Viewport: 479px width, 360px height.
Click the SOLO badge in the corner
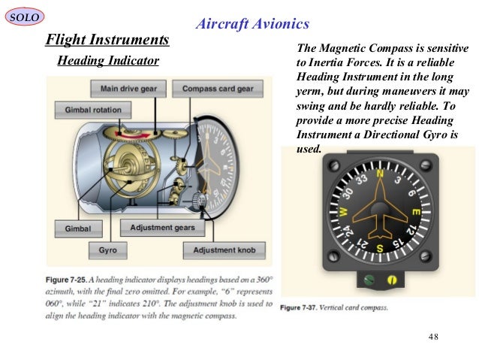coord(25,16)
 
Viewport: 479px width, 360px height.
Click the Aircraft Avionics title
coord(252,24)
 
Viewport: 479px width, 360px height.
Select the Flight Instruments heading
coord(107,38)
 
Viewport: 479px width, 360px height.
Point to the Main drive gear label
coord(128,89)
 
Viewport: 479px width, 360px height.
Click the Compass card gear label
coord(217,89)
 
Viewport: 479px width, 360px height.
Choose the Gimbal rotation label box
coord(87,110)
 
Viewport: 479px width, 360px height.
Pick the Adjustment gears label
coord(162,228)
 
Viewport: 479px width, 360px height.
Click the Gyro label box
coord(107,249)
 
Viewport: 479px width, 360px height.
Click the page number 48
coord(432,335)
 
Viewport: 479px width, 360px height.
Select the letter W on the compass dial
coord(342,213)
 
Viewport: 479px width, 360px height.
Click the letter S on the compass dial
coord(379,248)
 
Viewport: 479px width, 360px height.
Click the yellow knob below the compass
coord(392,280)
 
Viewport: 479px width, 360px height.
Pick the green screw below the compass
coord(368,279)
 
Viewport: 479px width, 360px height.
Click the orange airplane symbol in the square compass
coord(379,213)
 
